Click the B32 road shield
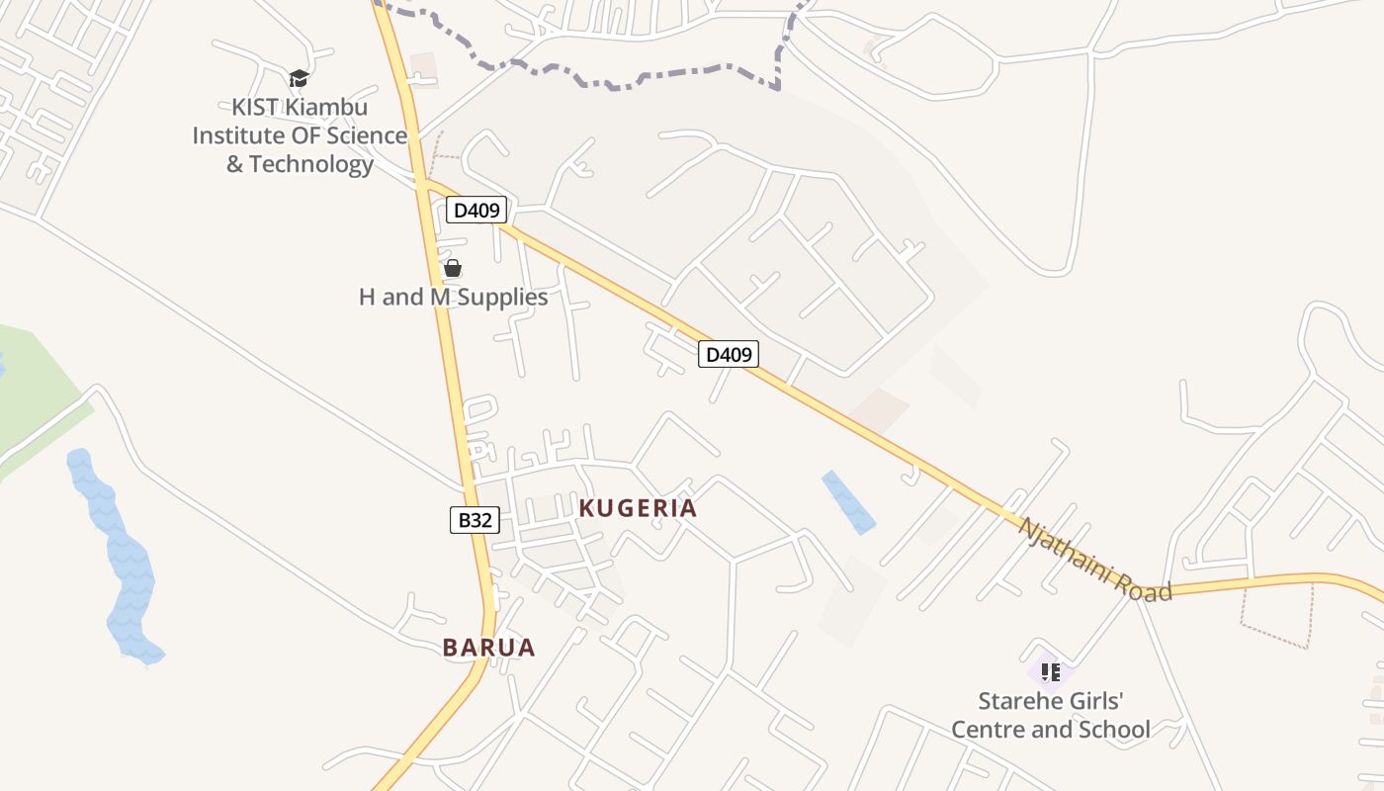pos(475,520)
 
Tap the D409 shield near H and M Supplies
pos(476,210)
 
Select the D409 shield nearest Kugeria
pos(729,354)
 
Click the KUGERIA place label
pos(638,508)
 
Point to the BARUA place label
pos(488,648)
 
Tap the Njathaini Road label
pos(1094,560)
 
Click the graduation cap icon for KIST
pos(299,78)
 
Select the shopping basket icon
pos(453,268)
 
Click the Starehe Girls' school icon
pos(1051,672)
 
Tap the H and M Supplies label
pos(453,297)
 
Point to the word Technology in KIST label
pos(311,164)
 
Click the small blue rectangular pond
pos(848,502)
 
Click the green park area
pos(35,395)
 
